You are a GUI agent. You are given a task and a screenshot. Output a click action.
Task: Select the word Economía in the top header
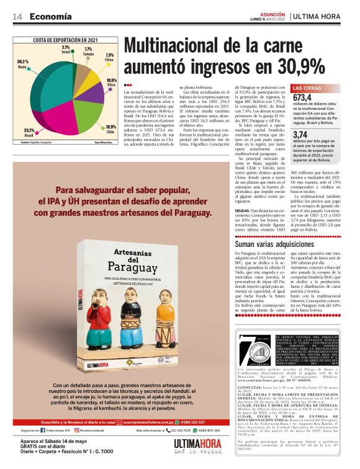pyautogui.click(x=50, y=17)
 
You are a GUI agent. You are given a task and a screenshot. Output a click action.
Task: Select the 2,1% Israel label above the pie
pyautogui.click(x=66, y=50)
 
